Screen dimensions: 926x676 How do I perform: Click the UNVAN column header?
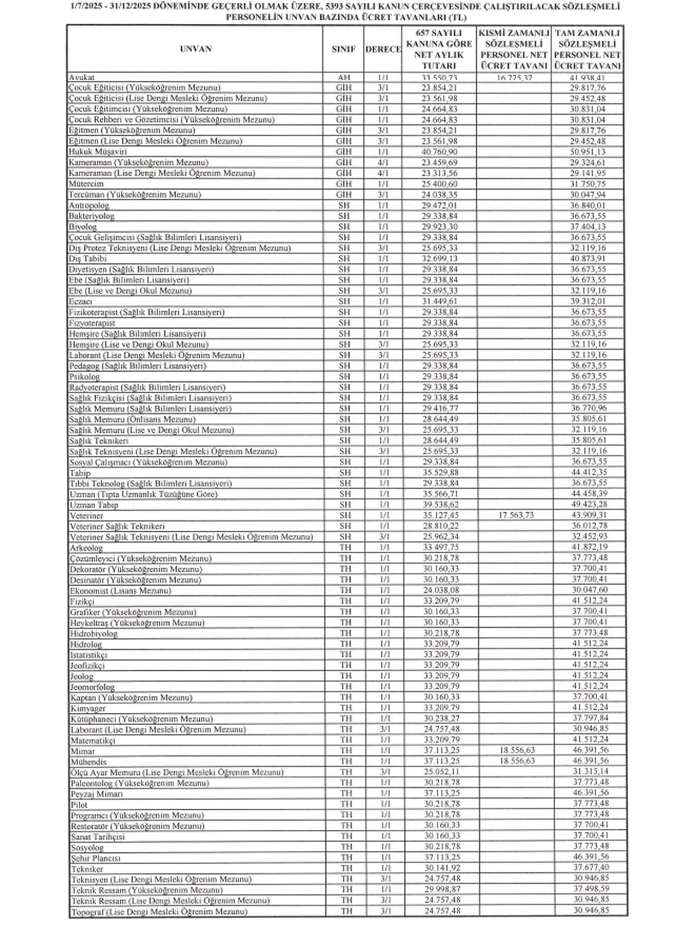[x=196, y=49]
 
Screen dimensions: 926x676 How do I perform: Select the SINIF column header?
[x=343, y=50]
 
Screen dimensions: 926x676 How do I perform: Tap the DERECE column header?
[x=383, y=50]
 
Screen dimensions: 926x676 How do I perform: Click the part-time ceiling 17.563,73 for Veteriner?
[x=514, y=515]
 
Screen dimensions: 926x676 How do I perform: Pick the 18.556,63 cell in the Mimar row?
[x=514, y=750]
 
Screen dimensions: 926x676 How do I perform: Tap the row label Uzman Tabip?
[x=94, y=505]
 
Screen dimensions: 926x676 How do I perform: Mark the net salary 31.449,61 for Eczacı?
[x=440, y=302]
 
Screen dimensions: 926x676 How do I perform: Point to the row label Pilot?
[x=79, y=804]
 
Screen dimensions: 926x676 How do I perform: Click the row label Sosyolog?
[x=87, y=847]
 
